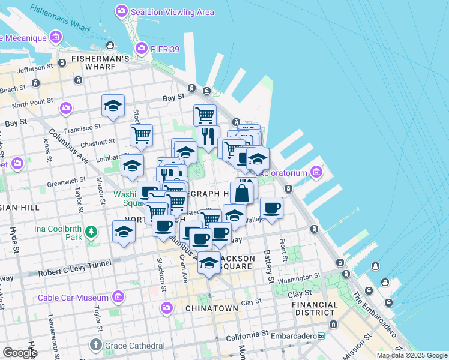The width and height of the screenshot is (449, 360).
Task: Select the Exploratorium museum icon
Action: click(x=316, y=173)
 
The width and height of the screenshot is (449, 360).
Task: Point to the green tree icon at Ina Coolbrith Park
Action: click(x=91, y=231)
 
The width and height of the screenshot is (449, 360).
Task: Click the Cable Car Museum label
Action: click(x=73, y=298)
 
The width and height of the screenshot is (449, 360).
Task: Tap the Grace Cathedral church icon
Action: click(x=95, y=345)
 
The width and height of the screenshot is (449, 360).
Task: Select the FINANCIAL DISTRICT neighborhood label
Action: click(x=314, y=308)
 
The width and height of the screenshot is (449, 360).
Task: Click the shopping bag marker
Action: click(x=241, y=193)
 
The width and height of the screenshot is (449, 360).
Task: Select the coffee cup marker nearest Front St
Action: click(x=271, y=208)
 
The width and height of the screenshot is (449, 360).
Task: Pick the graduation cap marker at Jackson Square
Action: click(x=209, y=263)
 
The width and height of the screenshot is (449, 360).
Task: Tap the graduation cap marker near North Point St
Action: click(x=113, y=106)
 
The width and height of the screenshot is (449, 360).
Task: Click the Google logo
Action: click(x=20, y=352)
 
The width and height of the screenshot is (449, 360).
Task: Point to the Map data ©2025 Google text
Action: click(x=411, y=355)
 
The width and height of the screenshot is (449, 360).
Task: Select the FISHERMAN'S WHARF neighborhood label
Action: click(x=100, y=59)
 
